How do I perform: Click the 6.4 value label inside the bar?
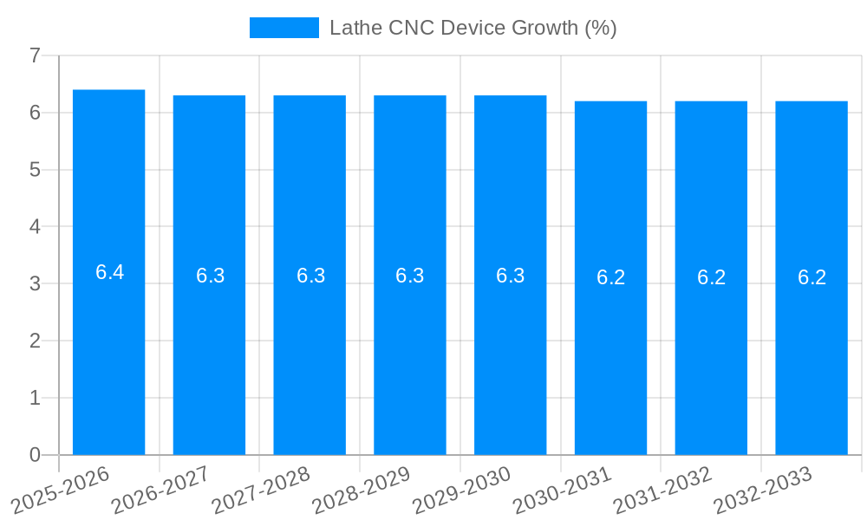[109, 272]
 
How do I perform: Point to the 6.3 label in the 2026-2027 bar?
[210, 276]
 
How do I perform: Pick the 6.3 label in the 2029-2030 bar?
[511, 276]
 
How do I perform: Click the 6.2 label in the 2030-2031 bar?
[611, 277]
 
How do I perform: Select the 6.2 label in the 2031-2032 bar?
[711, 277]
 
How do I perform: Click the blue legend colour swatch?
[284, 28]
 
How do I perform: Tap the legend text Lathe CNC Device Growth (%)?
[473, 28]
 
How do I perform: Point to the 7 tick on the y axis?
[35, 55]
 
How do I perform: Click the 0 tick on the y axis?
[35, 455]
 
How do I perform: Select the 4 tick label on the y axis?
[35, 227]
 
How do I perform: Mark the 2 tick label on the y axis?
[35, 341]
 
